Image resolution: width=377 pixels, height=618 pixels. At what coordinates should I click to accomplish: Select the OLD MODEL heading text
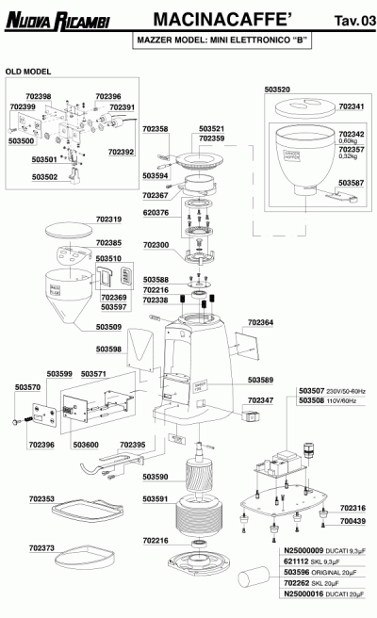click(27, 72)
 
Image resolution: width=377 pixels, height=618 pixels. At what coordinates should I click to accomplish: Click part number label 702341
click(350, 109)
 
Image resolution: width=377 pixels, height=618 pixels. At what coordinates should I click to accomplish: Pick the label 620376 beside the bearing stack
click(156, 213)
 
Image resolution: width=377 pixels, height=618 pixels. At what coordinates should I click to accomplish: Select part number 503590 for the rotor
click(156, 477)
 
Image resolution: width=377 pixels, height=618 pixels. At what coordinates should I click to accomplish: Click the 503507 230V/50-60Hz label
click(330, 391)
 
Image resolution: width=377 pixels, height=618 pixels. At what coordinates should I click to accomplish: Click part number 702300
click(156, 245)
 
